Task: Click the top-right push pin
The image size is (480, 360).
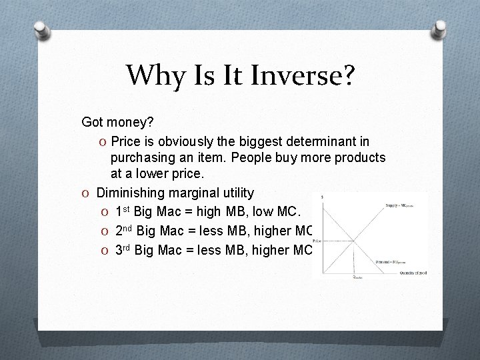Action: (439, 31)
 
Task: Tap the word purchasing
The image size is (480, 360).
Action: (143, 158)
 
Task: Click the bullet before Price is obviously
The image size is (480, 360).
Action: (103, 141)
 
